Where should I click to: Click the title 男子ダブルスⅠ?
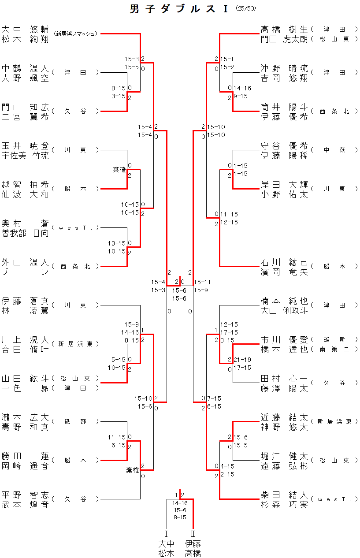[x=179, y=9]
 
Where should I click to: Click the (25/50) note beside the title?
[x=246, y=8]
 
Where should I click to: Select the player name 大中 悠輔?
[x=25, y=30]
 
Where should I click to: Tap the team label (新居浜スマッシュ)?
[x=75, y=33]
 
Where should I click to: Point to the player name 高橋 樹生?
[x=285, y=30]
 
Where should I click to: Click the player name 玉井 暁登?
[x=25, y=146]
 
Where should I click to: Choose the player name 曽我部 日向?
[x=25, y=233]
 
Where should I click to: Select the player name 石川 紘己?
[x=285, y=262]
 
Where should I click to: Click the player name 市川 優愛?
[x=285, y=340]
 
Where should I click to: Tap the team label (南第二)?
[x=334, y=349]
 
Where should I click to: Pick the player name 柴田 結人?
[x=285, y=495]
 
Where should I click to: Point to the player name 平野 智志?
[x=25, y=495]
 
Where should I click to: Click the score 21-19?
[x=242, y=360]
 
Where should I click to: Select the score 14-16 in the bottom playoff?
[x=180, y=503]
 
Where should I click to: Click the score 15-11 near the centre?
[x=202, y=282]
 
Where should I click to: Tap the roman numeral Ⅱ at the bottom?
[x=193, y=533]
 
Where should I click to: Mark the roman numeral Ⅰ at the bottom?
[x=167, y=533]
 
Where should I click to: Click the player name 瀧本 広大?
[x=25, y=417]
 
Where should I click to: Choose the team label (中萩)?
[x=334, y=150]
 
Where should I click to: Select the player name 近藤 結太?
[x=285, y=417]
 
